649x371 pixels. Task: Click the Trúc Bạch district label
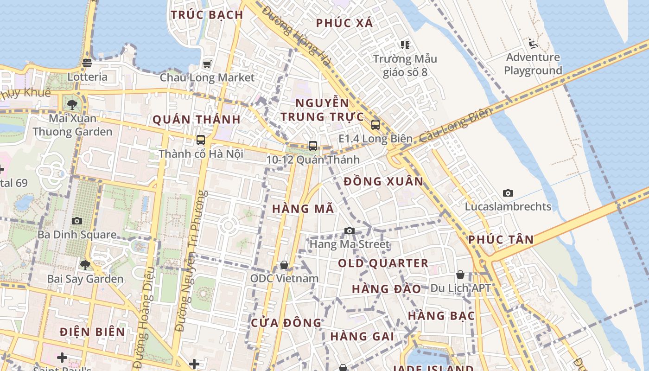(207, 15)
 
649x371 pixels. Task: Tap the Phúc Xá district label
(344, 23)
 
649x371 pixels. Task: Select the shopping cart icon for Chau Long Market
(207, 64)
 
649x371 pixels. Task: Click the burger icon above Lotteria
(87, 63)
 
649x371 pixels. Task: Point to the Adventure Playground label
(533, 64)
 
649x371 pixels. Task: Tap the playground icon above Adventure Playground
(533, 44)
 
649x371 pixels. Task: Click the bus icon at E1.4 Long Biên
(375, 125)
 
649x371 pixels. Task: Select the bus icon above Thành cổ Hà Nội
(201, 140)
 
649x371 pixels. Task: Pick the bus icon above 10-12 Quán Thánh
(313, 146)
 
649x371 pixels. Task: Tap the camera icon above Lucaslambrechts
(508, 193)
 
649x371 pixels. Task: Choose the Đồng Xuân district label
(384, 181)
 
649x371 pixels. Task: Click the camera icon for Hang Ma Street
(350, 230)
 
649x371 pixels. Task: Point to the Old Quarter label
(383, 263)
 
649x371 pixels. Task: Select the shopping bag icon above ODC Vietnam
(284, 265)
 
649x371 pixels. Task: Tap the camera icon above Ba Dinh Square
(77, 221)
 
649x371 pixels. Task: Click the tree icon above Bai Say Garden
(85, 265)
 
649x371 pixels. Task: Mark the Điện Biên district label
(93, 332)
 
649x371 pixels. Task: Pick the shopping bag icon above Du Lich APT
(460, 275)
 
